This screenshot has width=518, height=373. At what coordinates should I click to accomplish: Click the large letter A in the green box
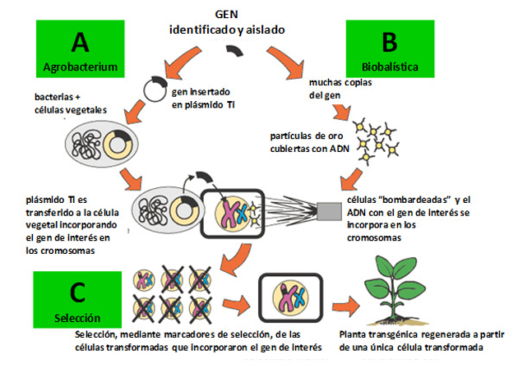click(81, 41)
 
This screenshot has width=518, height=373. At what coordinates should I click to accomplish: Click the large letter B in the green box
click(389, 41)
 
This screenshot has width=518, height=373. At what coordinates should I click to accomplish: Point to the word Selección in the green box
click(79, 316)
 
